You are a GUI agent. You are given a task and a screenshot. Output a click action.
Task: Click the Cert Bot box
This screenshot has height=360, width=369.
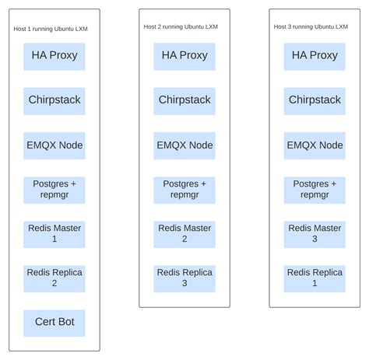(x=54, y=322)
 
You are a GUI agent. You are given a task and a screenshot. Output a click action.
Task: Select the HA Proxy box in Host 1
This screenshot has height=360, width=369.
(x=54, y=56)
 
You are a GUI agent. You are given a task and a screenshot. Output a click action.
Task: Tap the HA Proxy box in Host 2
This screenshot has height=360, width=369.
(x=184, y=56)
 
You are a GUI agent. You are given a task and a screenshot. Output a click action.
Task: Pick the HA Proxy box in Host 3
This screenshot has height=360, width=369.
(x=315, y=56)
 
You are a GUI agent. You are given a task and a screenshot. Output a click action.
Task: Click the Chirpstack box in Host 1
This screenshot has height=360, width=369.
(x=54, y=100)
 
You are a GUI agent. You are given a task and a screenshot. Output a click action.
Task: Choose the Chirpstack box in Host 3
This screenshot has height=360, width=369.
(x=315, y=100)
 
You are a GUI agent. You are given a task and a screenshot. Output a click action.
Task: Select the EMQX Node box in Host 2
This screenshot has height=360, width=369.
(x=184, y=145)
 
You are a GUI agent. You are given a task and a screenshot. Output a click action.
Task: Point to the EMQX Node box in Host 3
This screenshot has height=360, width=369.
(x=315, y=145)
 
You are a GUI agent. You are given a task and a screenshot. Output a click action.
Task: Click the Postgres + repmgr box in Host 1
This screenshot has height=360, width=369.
(x=54, y=189)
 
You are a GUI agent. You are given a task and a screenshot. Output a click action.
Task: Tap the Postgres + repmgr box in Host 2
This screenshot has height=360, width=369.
(x=184, y=189)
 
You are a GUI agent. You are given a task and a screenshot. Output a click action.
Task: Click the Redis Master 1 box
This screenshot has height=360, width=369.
(x=54, y=233)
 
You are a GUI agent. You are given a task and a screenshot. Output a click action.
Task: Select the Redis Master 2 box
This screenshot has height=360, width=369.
(x=184, y=233)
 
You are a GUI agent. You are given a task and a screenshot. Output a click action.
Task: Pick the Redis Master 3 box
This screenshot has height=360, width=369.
(x=315, y=233)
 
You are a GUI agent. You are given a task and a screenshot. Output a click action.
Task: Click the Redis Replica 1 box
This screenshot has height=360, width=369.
(x=315, y=278)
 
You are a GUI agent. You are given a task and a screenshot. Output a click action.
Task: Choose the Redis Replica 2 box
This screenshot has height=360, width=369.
(x=54, y=278)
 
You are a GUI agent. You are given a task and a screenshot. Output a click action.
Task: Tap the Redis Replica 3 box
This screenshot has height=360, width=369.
(x=184, y=278)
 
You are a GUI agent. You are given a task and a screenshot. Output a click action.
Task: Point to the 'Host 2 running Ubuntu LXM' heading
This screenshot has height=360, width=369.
(x=181, y=26)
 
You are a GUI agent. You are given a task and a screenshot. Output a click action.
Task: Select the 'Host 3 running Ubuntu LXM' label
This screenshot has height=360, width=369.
(x=311, y=26)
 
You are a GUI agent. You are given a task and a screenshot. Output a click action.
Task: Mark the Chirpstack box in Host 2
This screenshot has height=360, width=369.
(x=184, y=100)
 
